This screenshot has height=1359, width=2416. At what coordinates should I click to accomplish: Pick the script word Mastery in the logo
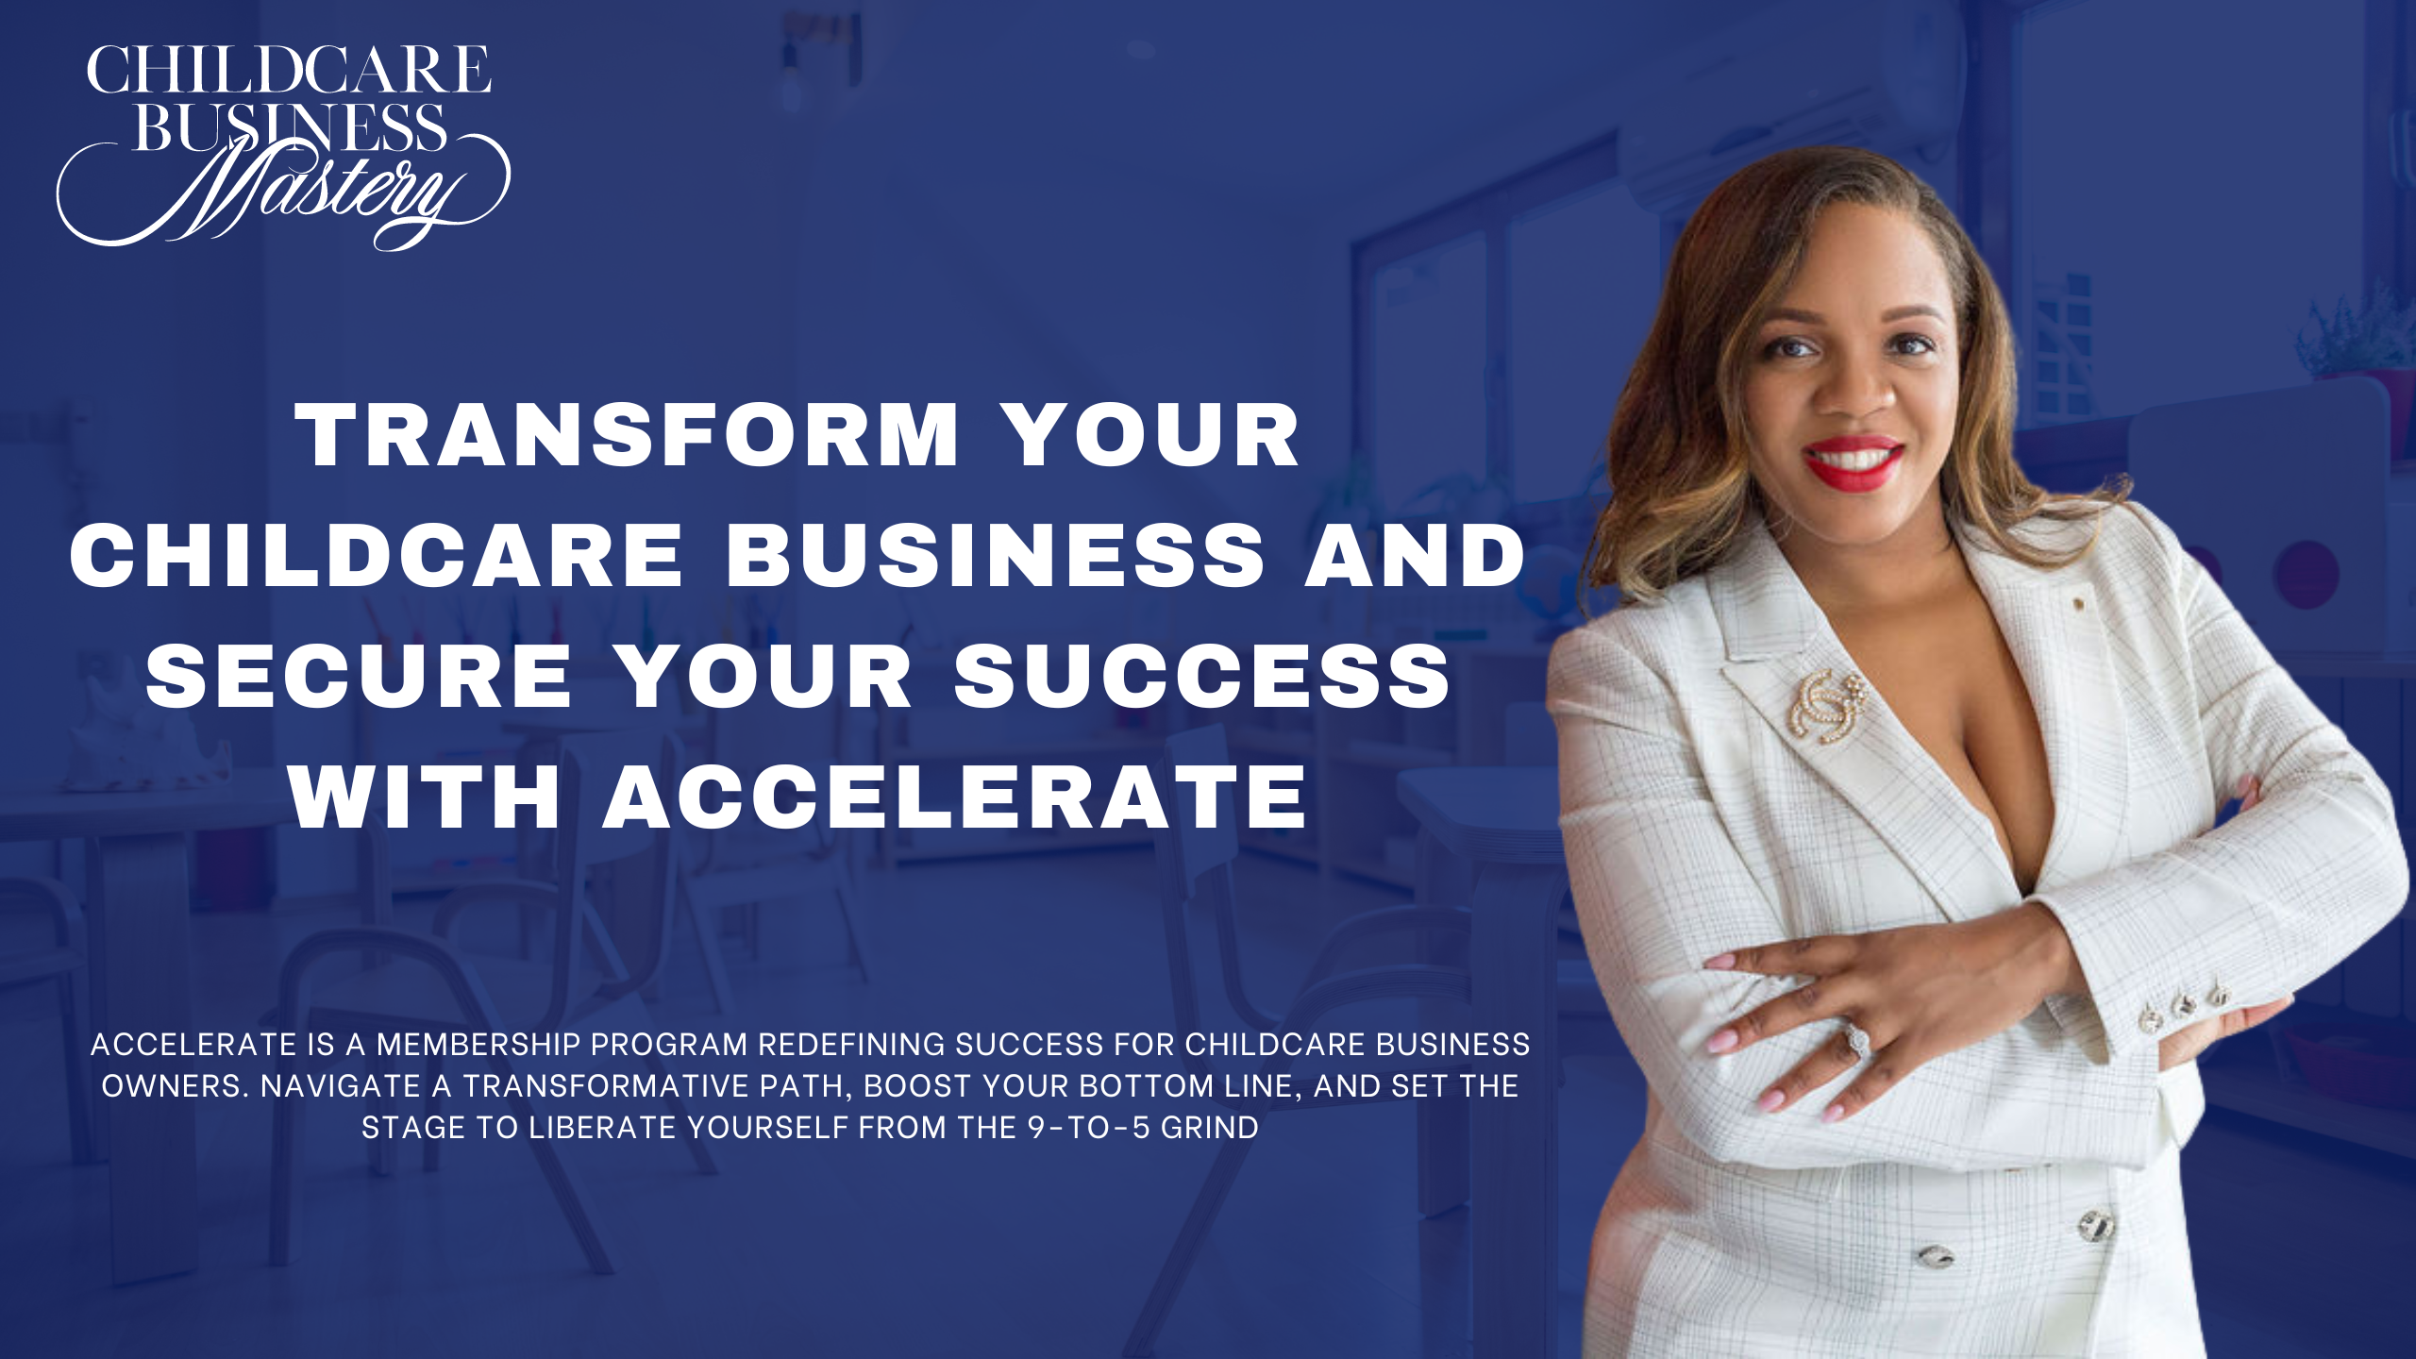point(283,193)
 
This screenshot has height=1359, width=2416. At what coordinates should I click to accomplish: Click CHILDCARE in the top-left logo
point(289,70)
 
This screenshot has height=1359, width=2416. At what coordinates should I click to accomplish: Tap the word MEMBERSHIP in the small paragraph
point(478,1045)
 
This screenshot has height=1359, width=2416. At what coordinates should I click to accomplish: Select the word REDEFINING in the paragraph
point(851,1045)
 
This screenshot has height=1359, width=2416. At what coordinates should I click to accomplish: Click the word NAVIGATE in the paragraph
point(341,1086)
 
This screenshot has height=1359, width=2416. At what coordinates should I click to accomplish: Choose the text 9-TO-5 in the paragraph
point(1089,1128)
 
